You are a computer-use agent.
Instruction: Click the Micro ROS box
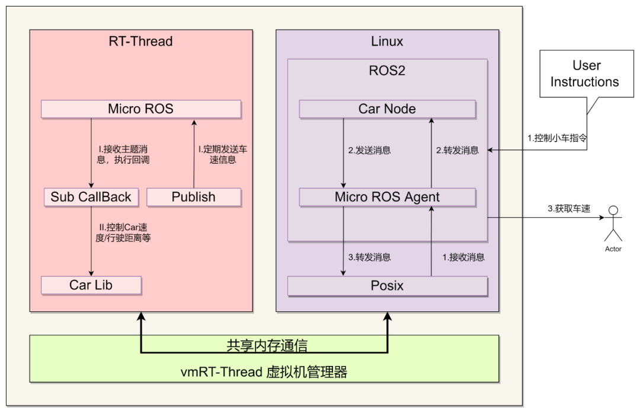[x=141, y=109]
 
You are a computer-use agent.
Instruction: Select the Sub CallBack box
[x=91, y=197]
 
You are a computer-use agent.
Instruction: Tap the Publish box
[x=194, y=197]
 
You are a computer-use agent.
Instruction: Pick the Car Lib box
[x=91, y=285]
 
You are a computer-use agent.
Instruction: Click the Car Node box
[x=387, y=109]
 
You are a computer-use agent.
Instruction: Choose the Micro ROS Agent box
[x=387, y=197]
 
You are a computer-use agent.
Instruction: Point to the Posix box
[x=387, y=286]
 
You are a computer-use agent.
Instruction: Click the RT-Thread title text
[x=141, y=42]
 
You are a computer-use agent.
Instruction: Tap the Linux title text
[x=387, y=42]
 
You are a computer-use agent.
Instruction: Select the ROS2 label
[x=387, y=71]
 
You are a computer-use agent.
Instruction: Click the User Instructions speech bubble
[x=584, y=74]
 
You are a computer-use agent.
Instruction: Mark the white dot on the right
[x=613, y=210]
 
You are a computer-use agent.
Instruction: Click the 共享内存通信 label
[x=267, y=345]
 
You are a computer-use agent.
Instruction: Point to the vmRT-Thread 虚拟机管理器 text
[x=264, y=372]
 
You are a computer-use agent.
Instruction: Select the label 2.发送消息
[x=369, y=151]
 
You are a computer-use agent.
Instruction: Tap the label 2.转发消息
[x=457, y=151]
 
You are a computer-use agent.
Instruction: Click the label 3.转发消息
[x=369, y=257]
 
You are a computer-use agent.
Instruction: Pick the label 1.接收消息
[x=463, y=257]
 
